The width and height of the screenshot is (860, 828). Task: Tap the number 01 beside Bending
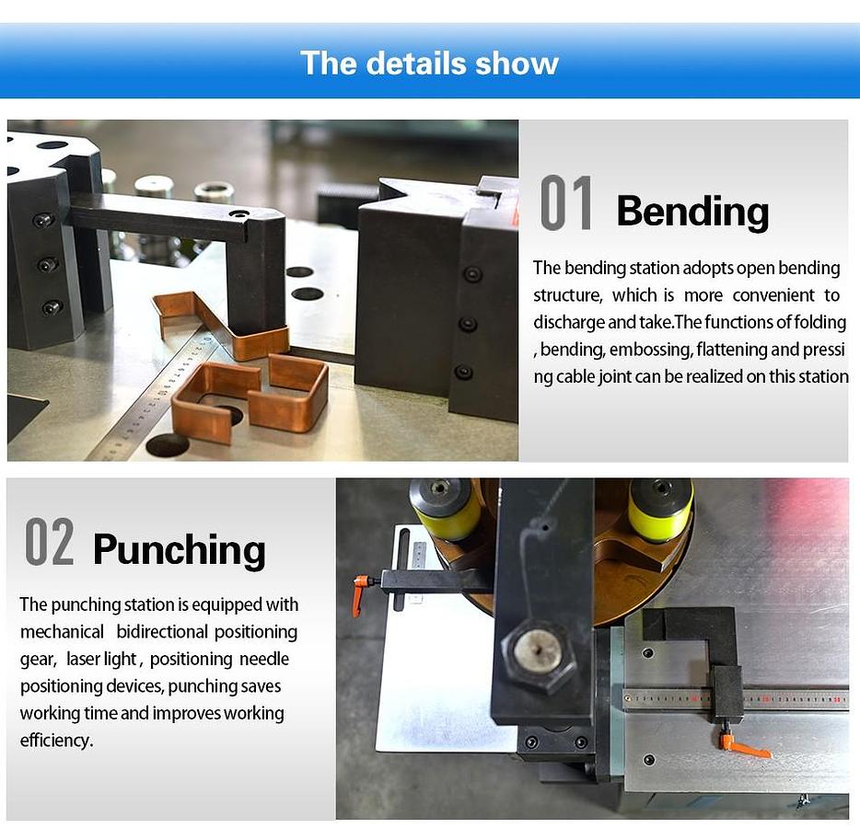[x=566, y=202]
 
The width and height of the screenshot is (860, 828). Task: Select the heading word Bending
[x=692, y=213]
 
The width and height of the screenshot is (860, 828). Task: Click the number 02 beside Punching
[x=50, y=541]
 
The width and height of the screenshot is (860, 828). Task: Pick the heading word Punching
[x=180, y=551]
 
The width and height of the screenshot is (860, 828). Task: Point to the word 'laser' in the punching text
[x=86, y=659]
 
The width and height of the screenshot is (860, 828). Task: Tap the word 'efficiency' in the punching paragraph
[x=55, y=741]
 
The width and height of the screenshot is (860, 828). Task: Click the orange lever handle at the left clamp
[x=362, y=592]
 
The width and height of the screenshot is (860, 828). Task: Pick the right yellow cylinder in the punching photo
[x=660, y=510]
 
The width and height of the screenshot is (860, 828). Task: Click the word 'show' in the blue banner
[x=517, y=63]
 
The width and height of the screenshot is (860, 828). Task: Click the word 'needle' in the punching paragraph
[x=264, y=659]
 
